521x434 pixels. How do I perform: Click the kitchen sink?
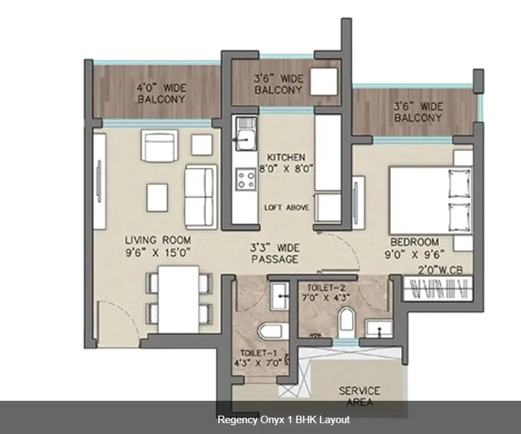[x=246, y=134]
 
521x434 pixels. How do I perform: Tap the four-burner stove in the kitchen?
[x=246, y=180]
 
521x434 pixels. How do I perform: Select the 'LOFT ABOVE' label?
[x=287, y=208]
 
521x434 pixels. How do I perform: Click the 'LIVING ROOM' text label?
[x=158, y=240]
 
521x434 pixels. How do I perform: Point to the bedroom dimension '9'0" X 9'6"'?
[x=415, y=255]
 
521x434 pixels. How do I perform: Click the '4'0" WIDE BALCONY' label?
[x=161, y=94]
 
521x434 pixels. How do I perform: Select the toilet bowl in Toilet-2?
[x=347, y=319]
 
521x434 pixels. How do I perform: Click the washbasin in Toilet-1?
[x=279, y=296]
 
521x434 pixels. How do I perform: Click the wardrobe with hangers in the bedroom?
[x=438, y=288]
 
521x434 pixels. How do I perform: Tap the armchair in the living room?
[x=159, y=146]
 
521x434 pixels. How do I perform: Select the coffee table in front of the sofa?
[x=157, y=197]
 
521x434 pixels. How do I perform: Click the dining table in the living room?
[x=178, y=299]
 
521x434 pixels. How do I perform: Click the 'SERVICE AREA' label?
[x=359, y=396]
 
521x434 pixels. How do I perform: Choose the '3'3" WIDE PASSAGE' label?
[x=275, y=254]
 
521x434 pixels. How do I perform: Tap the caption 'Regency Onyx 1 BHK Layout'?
[x=283, y=419]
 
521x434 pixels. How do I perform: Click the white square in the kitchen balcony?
[x=324, y=81]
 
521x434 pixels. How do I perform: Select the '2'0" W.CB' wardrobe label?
[x=440, y=270]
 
